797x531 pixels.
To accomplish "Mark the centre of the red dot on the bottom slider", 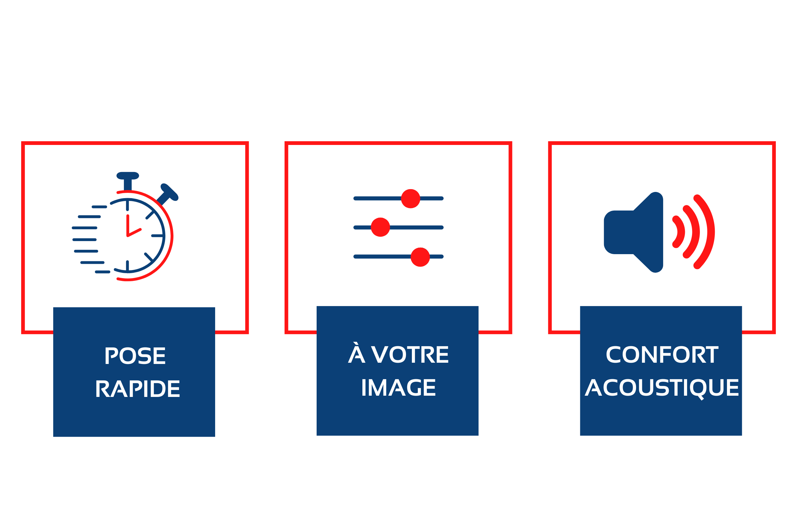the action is (x=420, y=257).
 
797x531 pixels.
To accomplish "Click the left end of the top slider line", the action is (x=355, y=198).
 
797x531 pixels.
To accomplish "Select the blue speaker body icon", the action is (x=633, y=232).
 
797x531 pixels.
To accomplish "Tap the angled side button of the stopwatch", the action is (x=167, y=194).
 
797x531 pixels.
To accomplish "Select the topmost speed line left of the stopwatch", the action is (x=99, y=207).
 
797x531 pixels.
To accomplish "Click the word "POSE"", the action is (x=135, y=356).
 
